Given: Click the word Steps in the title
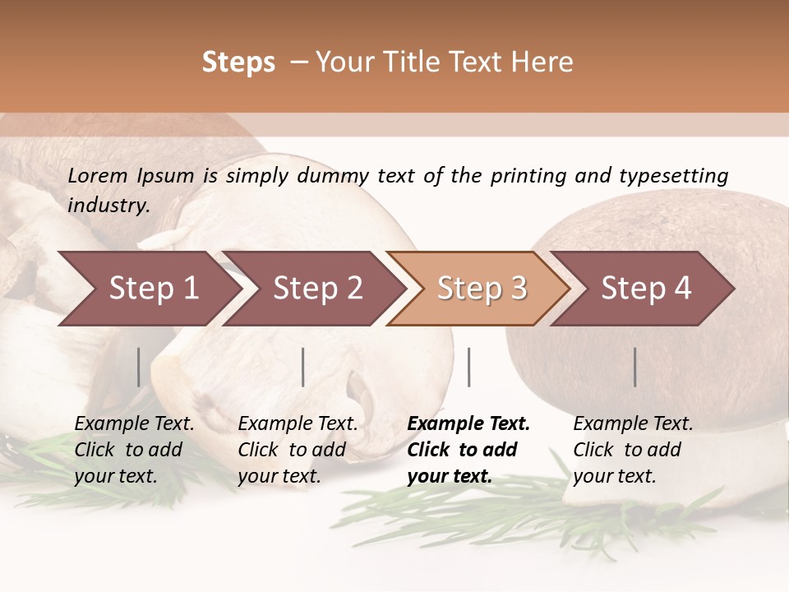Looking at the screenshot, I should click(x=238, y=62).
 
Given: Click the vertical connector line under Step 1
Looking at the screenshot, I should click(x=139, y=367).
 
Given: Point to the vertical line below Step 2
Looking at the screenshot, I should click(x=303, y=367).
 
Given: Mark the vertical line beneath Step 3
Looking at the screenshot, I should click(x=469, y=367).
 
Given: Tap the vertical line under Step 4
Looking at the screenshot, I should click(x=635, y=367).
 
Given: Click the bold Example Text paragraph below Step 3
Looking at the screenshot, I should click(x=468, y=450).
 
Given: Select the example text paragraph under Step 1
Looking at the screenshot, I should click(x=134, y=450).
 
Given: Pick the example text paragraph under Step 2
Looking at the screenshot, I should click(x=298, y=450).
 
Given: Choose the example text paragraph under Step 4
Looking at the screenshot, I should click(x=633, y=450).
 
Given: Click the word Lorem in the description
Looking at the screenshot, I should click(x=98, y=175).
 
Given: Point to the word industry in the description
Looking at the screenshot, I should click(x=108, y=205).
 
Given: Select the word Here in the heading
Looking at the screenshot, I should click(x=544, y=62).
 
